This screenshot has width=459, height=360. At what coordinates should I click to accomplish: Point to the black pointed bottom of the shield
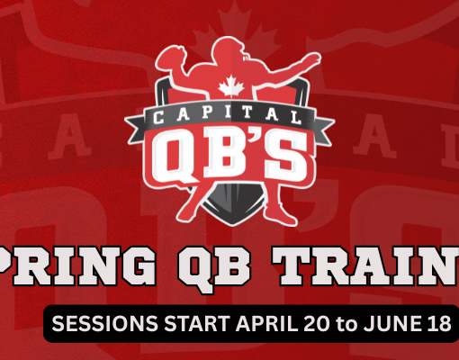230,213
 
